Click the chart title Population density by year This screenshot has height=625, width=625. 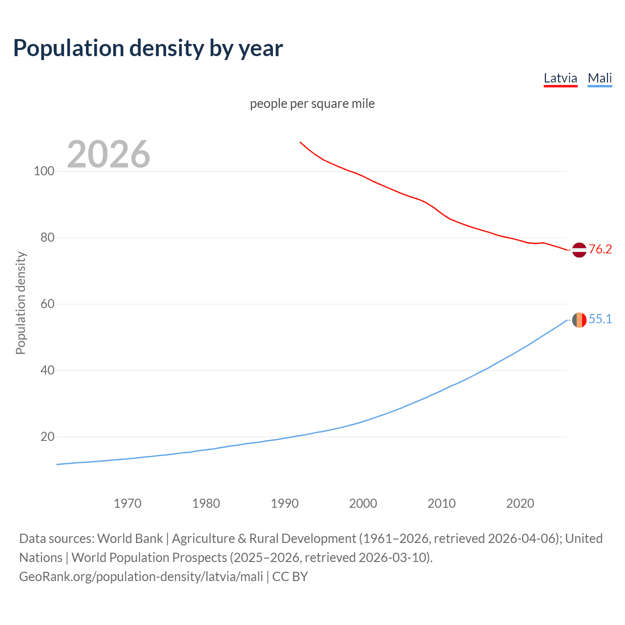[148, 48]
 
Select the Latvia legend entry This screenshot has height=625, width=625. [561, 78]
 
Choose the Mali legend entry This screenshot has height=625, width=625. [600, 78]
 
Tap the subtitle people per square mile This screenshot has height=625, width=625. [312, 104]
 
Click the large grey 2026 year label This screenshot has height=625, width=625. [108, 154]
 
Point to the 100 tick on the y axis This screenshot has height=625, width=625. [44, 171]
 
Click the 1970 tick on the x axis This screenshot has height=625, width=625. [127, 503]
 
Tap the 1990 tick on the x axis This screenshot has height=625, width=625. [285, 503]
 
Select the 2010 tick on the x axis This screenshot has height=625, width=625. [441, 503]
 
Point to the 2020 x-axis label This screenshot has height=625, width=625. [520, 503]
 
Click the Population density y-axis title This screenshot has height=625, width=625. [21, 303]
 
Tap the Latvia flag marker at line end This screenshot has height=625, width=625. [579, 250]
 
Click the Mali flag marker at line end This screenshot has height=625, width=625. [579, 320]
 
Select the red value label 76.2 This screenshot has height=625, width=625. [600, 250]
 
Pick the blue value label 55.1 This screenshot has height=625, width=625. [600, 319]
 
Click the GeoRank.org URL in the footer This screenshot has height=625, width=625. [141, 577]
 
